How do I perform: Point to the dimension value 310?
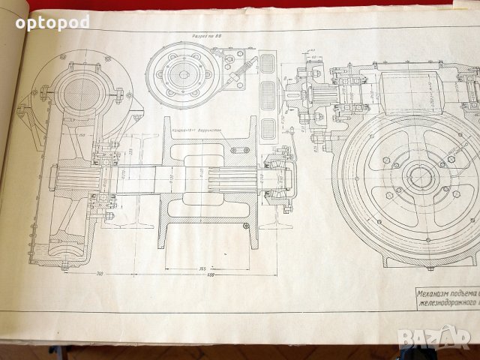pos(100,273)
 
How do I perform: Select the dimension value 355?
pos(201,268)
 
